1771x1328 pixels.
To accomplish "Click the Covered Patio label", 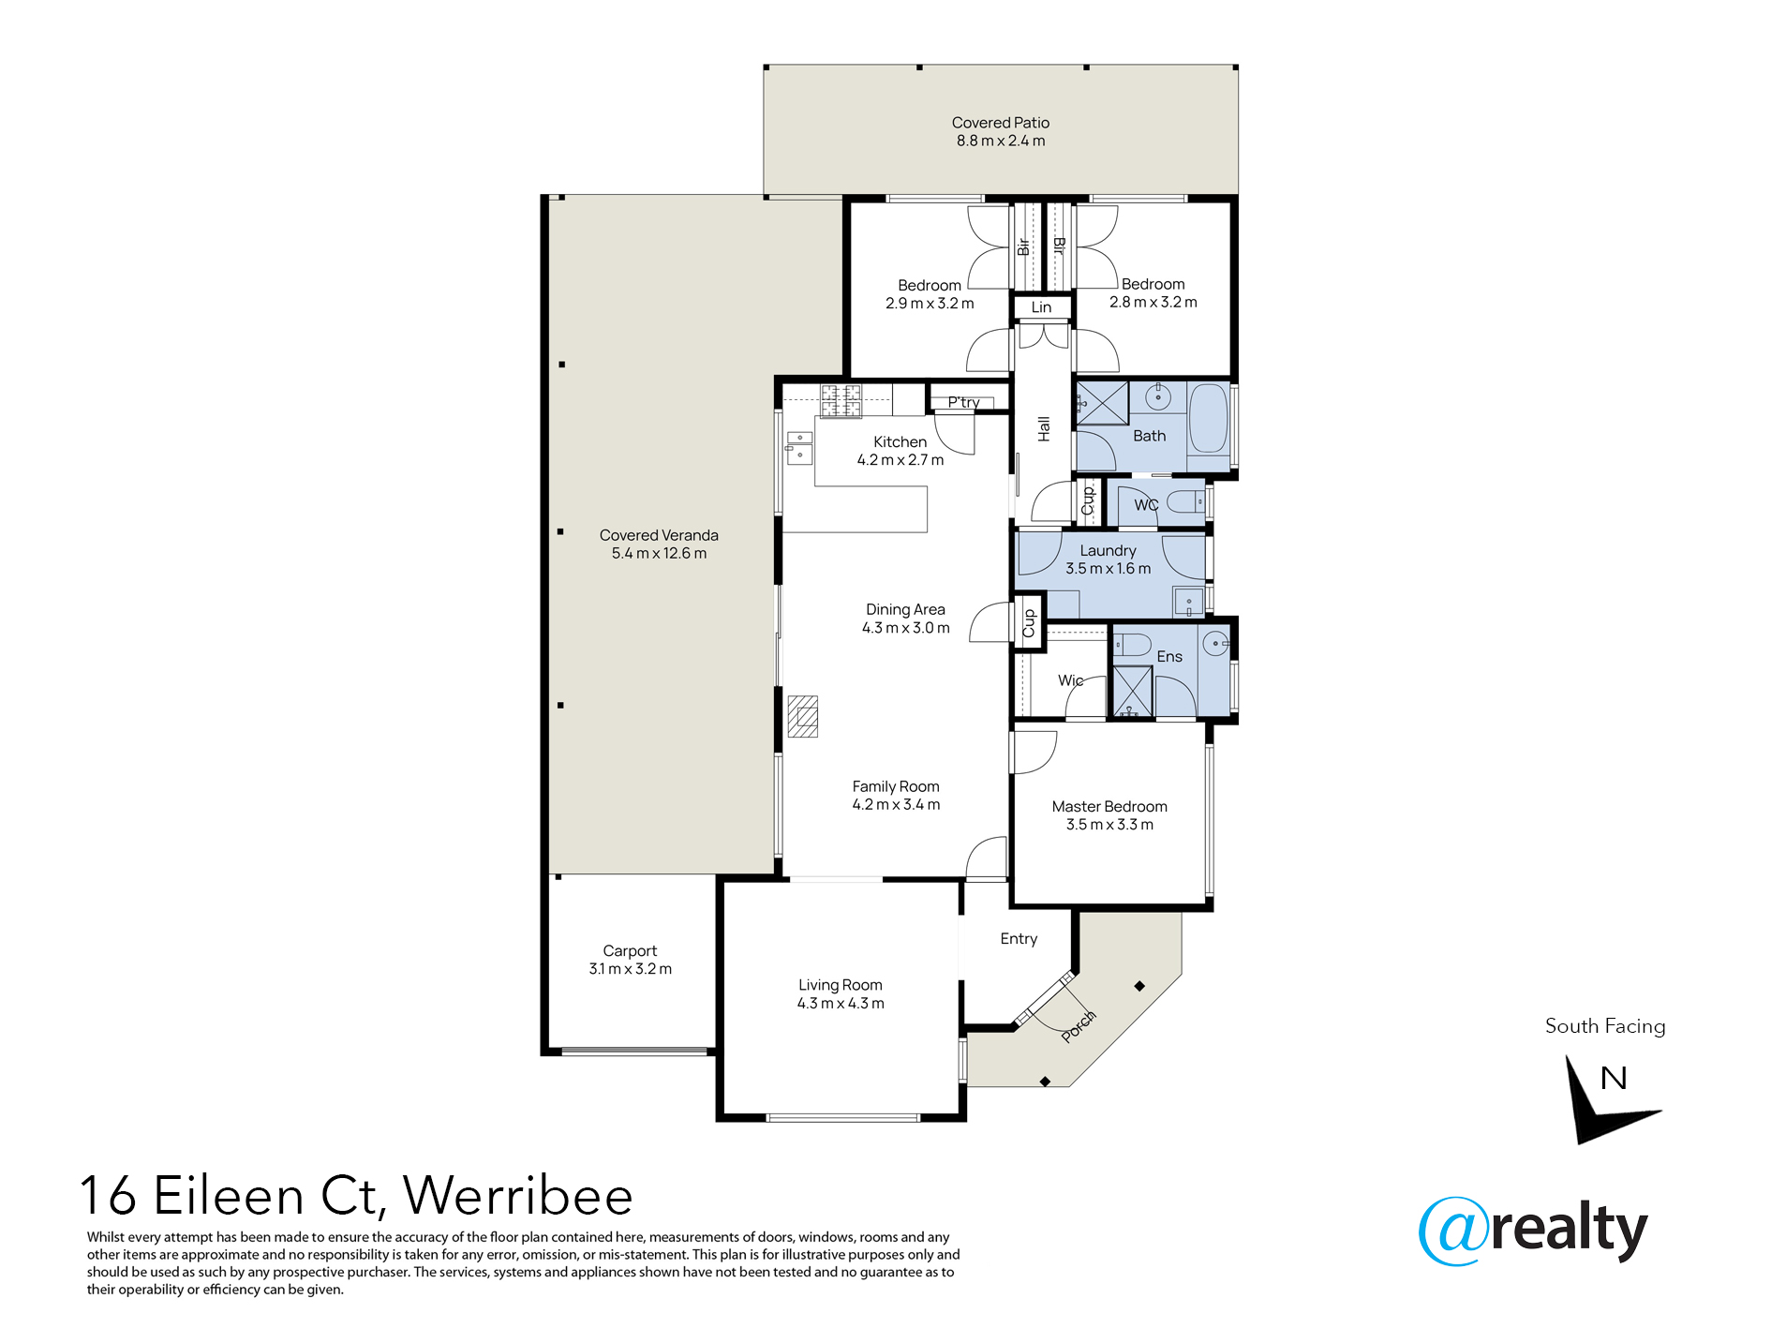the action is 1000,123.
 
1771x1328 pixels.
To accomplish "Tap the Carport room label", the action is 630,950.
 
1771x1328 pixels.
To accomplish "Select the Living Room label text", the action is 840,985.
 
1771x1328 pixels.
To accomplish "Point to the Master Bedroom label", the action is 1109,806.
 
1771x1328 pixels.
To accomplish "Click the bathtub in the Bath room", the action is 1208,418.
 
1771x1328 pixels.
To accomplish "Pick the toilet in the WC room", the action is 1185,502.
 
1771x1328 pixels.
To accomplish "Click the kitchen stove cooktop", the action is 841,401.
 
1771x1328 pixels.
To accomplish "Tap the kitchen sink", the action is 799,448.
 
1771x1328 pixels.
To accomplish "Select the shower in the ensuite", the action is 1132,692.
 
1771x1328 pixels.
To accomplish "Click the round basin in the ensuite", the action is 1215,643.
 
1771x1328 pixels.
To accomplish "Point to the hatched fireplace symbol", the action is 802,716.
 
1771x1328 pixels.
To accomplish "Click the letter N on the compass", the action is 1614,1078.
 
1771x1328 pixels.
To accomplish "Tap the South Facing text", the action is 1605,1026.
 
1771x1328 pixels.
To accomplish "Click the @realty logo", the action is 1533,1231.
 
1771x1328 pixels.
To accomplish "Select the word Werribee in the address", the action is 518,1196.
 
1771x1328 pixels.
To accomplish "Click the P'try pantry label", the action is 963,402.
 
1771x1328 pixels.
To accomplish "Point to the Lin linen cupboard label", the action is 1041,307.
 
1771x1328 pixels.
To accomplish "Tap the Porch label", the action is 1079,1026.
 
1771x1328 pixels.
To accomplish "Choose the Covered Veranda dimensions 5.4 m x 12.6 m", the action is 659,554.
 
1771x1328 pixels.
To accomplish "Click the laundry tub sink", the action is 1188,601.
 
